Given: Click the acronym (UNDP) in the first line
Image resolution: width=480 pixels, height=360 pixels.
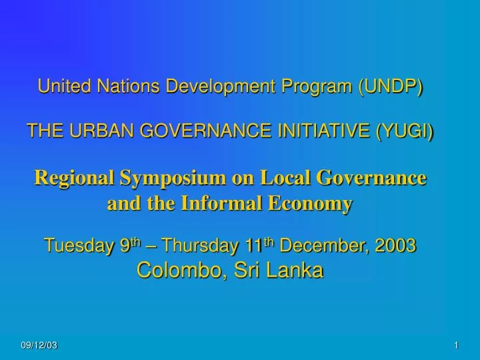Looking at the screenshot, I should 391,86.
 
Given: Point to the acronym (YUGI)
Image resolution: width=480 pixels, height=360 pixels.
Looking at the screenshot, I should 404,132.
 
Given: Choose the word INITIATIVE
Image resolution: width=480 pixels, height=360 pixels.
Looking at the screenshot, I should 319,132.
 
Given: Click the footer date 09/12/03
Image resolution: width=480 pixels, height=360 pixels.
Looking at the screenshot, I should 39,344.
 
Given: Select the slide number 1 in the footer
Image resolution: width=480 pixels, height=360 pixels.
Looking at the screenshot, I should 456,344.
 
